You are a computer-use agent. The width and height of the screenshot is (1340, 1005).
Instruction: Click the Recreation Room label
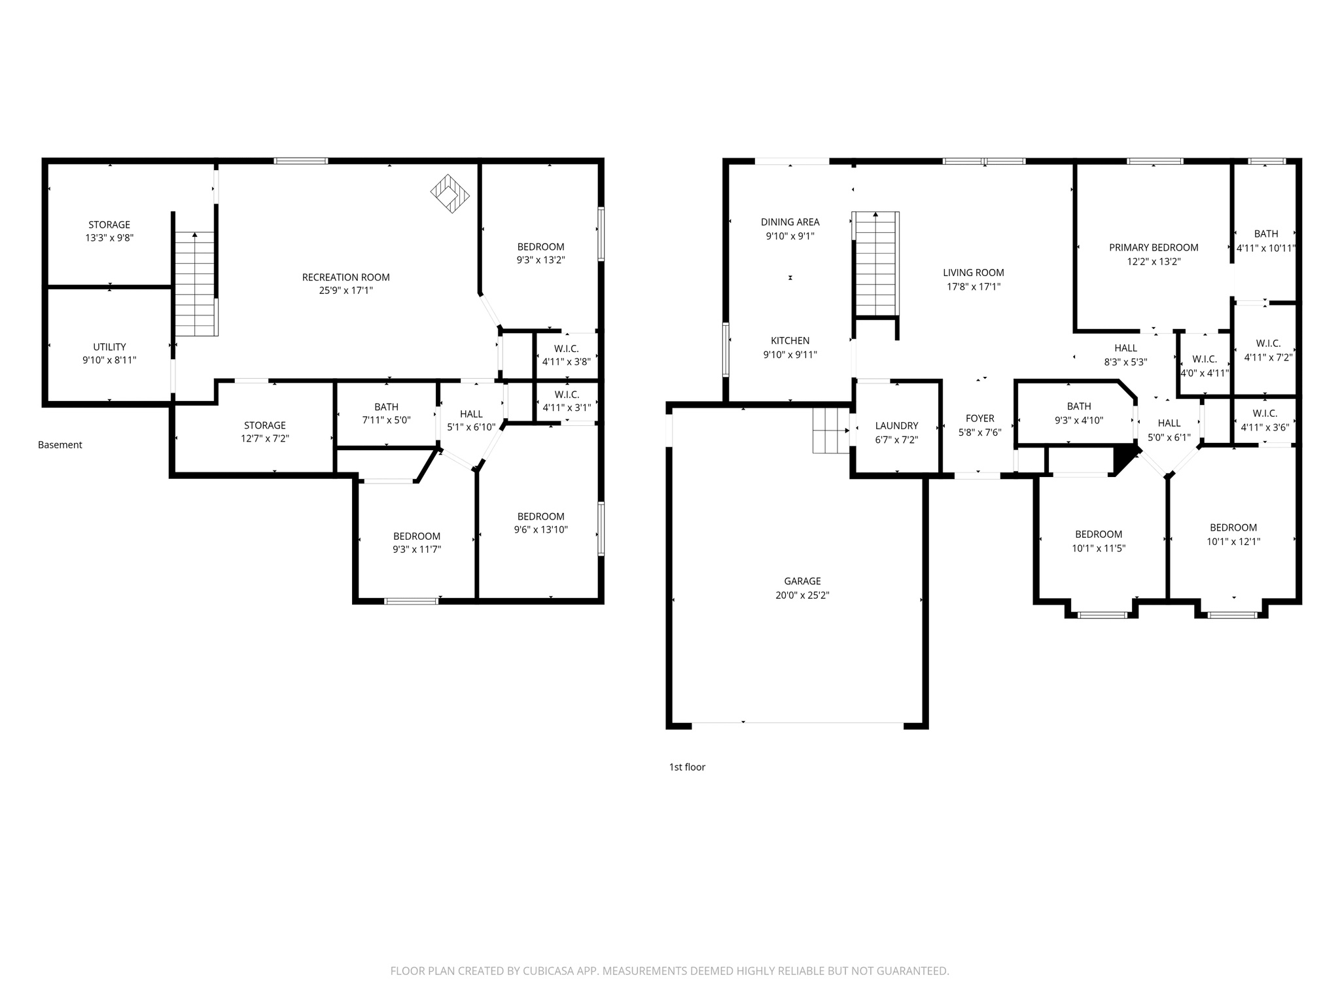point(345,277)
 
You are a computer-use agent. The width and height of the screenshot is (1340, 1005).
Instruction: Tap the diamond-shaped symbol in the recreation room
point(450,193)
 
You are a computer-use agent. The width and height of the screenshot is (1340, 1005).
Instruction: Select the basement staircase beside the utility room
point(195,285)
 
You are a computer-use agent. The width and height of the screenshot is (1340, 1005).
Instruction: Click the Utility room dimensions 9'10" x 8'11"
point(109,360)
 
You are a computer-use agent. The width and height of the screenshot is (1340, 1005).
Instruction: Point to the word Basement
point(60,445)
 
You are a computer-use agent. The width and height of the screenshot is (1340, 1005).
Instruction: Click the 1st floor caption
point(687,767)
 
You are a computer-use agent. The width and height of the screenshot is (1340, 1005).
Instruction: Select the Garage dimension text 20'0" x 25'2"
point(802,595)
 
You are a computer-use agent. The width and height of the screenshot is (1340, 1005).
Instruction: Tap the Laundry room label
point(896,426)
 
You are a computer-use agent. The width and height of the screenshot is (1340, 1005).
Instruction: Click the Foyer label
point(979,419)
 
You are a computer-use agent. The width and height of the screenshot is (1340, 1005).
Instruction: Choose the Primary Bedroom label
point(1154,247)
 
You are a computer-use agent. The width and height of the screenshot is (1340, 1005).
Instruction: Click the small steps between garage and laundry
point(830,430)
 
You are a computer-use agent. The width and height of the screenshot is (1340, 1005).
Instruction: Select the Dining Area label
point(790,222)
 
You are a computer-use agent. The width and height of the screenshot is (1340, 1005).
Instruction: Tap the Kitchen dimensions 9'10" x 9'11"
point(790,355)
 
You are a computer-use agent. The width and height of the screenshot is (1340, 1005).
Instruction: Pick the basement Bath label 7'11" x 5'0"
point(386,407)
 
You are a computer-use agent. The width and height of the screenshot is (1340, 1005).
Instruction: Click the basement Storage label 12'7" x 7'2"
point(264,425)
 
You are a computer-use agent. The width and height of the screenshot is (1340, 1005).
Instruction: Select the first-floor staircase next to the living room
point(875,265)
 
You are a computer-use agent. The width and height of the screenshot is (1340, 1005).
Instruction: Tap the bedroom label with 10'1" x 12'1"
point(1233,527)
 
